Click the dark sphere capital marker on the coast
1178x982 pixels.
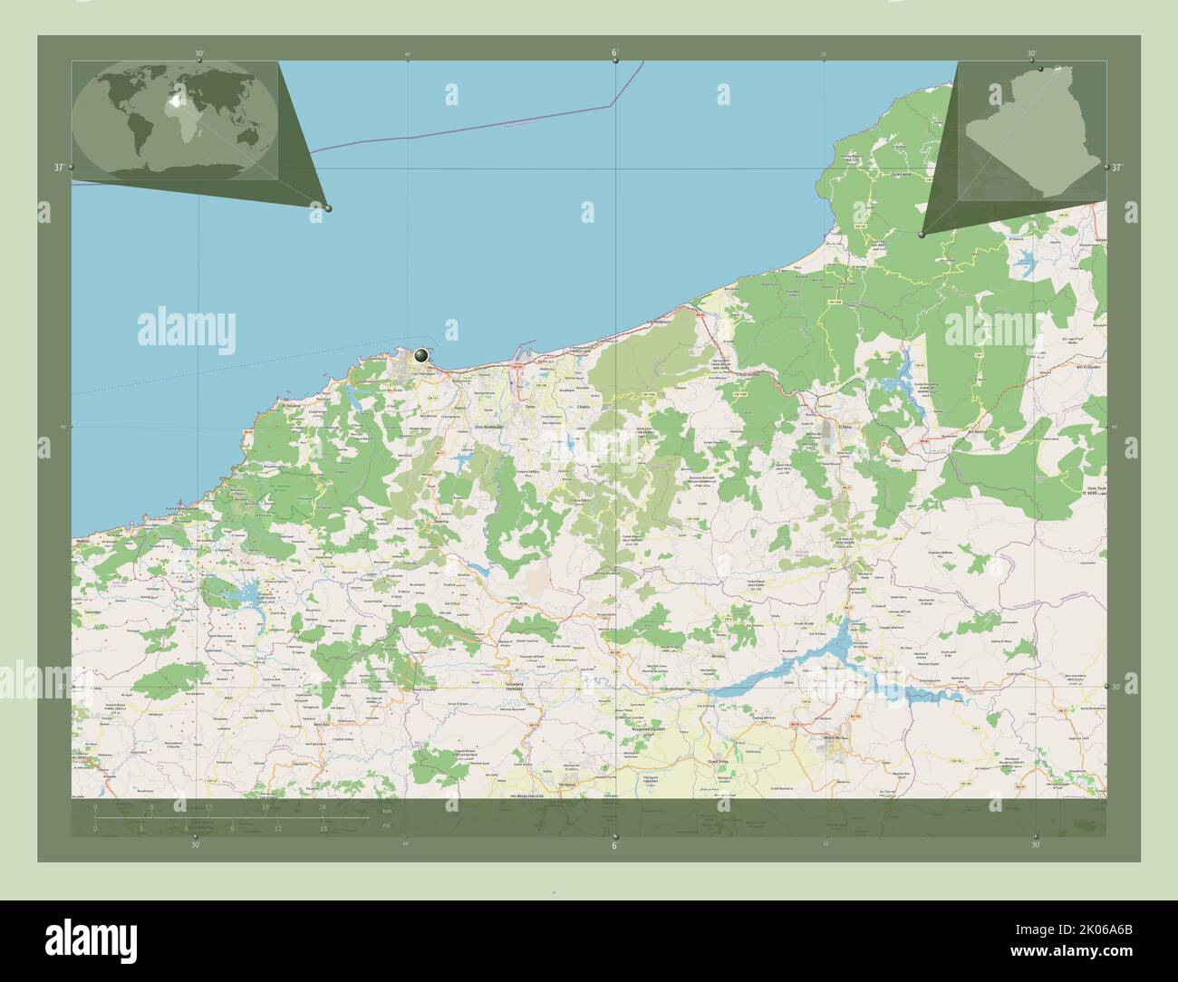(x=421, y=355)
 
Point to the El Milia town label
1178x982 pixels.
(x=846, y=426)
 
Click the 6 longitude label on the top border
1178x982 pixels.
(x=614, y=53)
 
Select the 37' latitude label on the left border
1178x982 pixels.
(x=58, y=168)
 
